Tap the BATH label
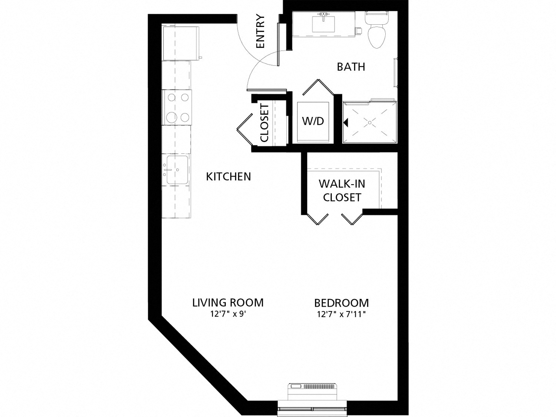[351, 67]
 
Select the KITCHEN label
[228, 176]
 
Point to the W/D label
[313, 121]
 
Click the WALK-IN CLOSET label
[342, 191]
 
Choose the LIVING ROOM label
[228, 302]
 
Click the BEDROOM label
[341, 303]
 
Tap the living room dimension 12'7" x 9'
[228, 314]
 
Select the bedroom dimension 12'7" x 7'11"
[341, 314]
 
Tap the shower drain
[370, 123]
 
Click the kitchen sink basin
[177, 170]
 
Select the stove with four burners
[176, 107]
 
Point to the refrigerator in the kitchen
[180, 43]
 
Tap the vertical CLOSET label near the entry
[265, 122]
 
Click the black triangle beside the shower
[346, 123]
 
